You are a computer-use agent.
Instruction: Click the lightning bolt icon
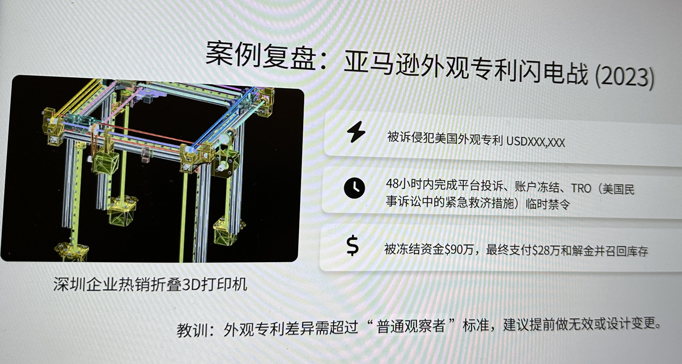(356, 132)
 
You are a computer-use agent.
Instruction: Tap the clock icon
(354, 188)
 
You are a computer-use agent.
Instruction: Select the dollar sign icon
(353, 245)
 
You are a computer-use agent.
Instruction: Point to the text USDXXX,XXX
(535, 142)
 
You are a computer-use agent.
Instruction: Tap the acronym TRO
(581, 188)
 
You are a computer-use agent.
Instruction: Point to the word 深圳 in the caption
(69, 284)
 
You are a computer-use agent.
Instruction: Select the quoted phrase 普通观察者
(411, 327)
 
